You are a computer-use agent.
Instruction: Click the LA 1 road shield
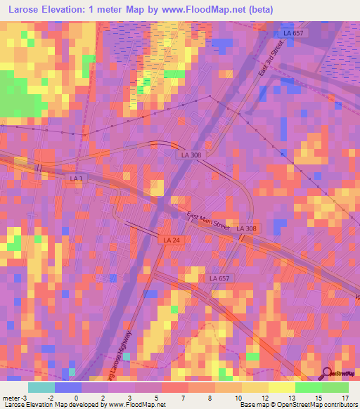(77, 179)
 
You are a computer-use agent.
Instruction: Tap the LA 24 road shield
(167, 240)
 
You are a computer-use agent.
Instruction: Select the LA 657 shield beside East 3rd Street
(293, 33)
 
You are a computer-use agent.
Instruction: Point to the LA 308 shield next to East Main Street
(246, 228)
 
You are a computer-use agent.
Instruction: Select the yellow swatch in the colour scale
(281, 387)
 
